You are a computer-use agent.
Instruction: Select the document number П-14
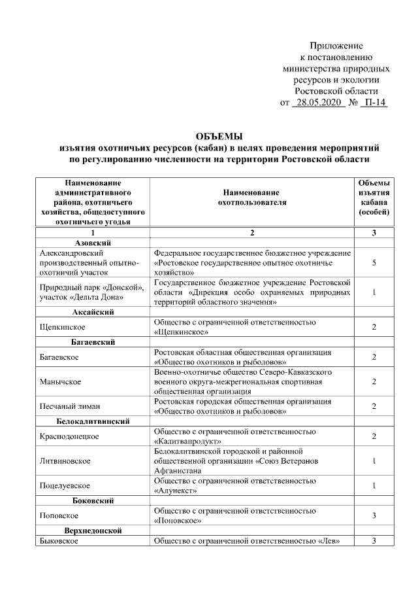coord(374,103)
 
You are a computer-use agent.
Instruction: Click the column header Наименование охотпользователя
coord(251,198)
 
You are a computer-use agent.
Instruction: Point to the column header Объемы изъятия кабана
coord(374,198)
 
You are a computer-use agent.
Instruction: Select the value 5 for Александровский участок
coord(374,262)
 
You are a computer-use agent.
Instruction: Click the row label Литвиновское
coord(65,461)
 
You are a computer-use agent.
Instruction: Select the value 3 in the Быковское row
coord(374,541)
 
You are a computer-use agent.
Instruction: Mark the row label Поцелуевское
coord(65,486)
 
